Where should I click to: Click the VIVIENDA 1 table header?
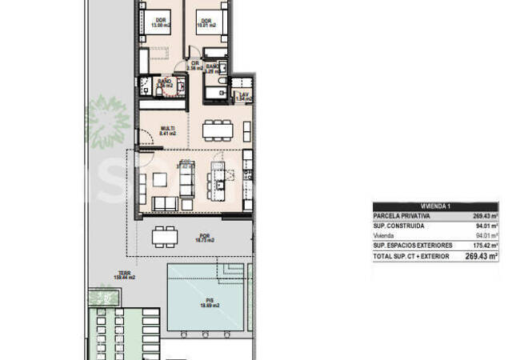point(436,206)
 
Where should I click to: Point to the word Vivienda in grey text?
point(385,235)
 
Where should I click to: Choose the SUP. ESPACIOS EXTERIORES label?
point(413,245)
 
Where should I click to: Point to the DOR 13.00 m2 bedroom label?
point(161,23)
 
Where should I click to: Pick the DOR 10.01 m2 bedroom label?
point(206,23)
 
